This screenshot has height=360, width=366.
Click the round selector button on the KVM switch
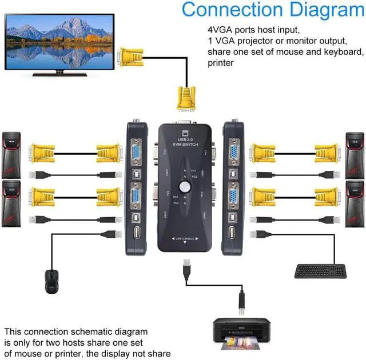185,186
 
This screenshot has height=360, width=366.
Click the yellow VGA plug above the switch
184,98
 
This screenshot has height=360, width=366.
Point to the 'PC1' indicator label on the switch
194,170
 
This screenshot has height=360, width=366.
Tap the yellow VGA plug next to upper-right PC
329,153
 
